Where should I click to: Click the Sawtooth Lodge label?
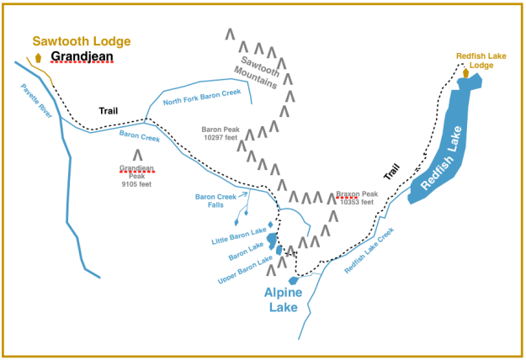point(82,40)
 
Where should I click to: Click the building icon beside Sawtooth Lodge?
point(39,58)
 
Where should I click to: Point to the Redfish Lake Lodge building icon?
point(465,73)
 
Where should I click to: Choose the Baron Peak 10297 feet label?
point(220,134)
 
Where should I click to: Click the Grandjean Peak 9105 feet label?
point(136,172)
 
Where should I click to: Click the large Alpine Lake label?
point(289,301)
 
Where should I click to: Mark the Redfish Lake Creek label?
point(369,251)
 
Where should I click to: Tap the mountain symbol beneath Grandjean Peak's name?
point(137,155)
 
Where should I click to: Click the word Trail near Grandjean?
point(108,110)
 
